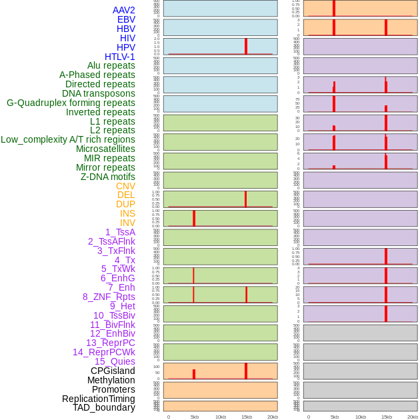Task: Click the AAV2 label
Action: tap(123, 10)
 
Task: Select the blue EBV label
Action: tap(126, 19)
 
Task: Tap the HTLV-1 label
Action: tap(119, 57)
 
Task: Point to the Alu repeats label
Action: tap(111, 65)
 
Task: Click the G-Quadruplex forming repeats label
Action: tap(71, 103)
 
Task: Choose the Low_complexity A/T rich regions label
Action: tap(68, 139)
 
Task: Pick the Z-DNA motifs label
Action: tap(108, 177)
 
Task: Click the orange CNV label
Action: tap(125, 186)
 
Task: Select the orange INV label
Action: tap(127, 223)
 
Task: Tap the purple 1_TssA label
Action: tap(120, 232)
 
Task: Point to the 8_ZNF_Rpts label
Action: tap(109, 297)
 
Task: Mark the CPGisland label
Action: tap(113, 371)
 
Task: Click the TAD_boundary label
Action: tap(104, 407)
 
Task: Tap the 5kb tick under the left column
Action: tap(195, 417)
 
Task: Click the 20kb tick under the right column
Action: tap(413, 417)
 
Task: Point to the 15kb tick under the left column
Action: tap(246, 417)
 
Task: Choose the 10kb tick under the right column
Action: tap(361, 417)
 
